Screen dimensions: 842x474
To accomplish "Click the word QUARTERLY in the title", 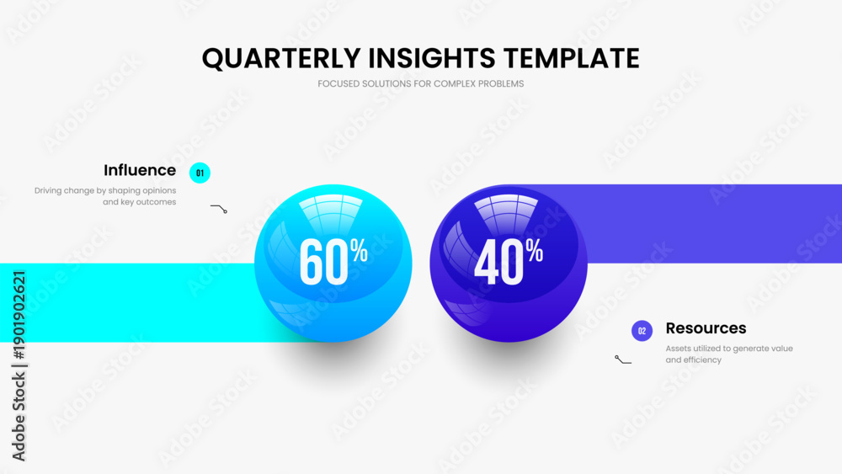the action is [x=281, y=58].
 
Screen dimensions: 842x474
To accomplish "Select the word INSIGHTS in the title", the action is [x=432, y=58].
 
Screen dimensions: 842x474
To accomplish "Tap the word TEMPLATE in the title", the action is [x=572, y=58].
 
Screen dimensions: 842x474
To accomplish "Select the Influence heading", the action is [x=140, y=170].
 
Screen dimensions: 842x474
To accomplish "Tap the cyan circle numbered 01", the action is [x=200, y=173].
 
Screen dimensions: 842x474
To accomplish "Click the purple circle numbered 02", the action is [x=642, y=331].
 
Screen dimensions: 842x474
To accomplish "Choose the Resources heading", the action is [x=706, y=328].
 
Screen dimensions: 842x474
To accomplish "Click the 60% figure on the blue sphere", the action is [x=333, y=261].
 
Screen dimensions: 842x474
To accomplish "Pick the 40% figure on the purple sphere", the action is [x=508, y=261].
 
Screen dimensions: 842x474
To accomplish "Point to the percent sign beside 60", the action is [x=359, y=250].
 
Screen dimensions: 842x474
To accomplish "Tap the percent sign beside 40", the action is [x=535, y=250].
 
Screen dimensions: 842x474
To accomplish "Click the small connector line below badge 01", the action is [x=219, y=208].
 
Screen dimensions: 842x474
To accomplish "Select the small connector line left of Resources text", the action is [x=623, y=359].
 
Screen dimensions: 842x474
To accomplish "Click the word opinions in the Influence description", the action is [x=160, y=190].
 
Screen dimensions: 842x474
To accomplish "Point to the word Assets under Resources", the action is [x=678, y=349].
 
